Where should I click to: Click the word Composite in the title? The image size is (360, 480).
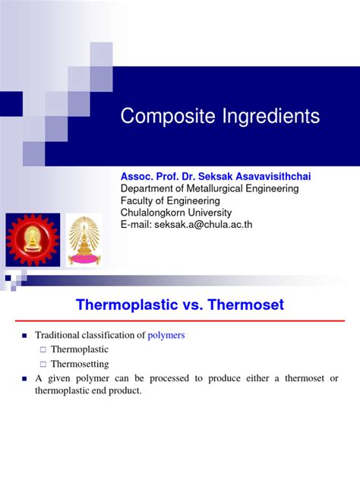coord(163,117)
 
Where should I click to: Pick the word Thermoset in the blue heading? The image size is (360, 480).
coord(247,305)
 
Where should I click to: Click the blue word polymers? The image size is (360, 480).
coord(166,335)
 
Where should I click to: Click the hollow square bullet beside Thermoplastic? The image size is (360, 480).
coord(43,350)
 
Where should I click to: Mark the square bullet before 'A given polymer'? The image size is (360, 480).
coord(24,379)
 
